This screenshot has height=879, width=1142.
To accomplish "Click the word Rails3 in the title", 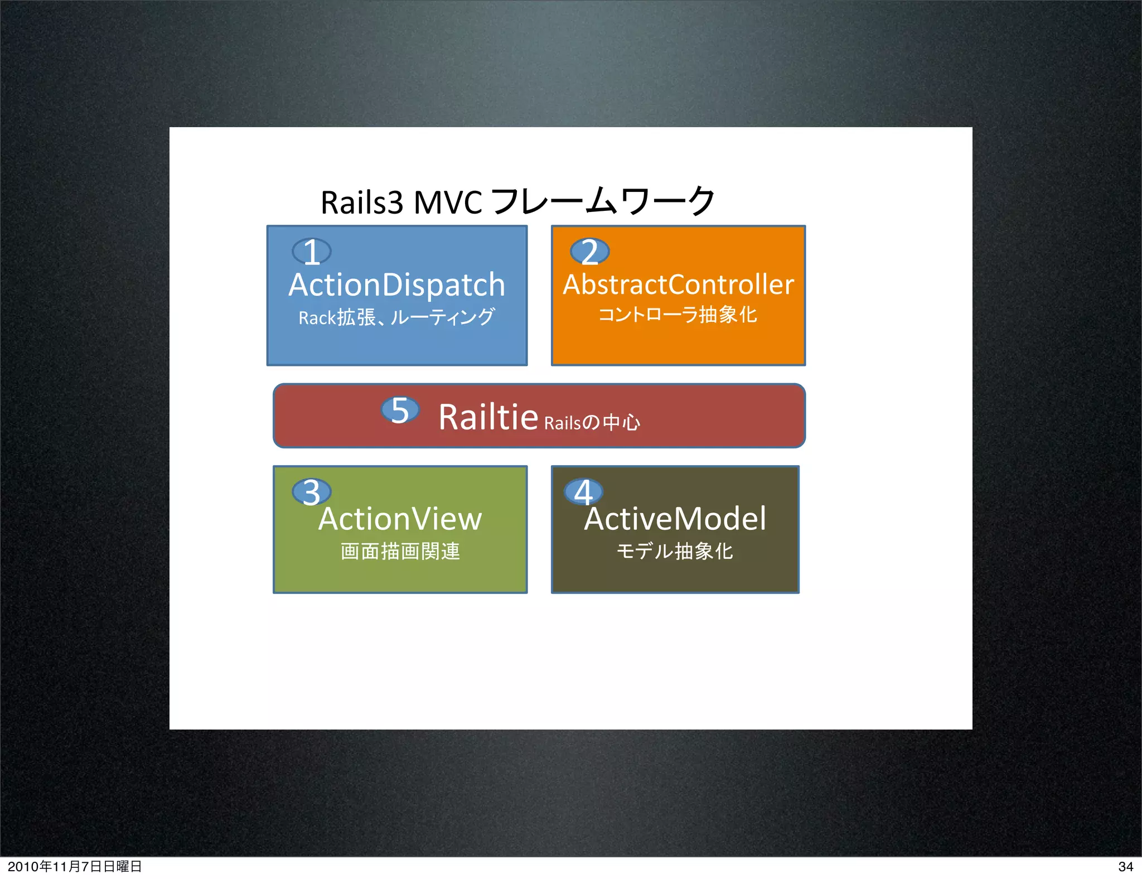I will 361,202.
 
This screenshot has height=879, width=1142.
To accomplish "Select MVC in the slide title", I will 448,202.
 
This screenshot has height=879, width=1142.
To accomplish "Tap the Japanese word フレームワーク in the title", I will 603,201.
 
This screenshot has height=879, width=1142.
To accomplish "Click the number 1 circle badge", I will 312,252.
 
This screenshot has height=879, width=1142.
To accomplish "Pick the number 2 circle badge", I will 589,252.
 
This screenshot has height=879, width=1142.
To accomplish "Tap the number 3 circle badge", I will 312,492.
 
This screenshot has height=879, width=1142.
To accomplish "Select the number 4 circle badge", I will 583,492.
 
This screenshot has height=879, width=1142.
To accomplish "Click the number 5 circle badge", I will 400,410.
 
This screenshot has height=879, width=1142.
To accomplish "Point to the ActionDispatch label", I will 396,285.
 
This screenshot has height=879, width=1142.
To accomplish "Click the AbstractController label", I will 678,285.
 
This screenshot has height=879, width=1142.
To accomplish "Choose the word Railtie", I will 488,417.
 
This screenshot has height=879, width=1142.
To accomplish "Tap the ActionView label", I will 400,519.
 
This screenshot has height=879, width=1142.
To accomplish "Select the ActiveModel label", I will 675,519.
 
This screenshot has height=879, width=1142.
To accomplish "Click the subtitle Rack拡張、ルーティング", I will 396,317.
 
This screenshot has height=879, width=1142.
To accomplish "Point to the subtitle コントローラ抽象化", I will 678,315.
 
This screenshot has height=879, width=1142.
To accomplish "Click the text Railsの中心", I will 592,423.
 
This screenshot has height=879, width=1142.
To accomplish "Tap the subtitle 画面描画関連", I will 400,551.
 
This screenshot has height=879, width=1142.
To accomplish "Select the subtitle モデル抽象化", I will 675,551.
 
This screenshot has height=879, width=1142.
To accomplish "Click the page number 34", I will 1125,866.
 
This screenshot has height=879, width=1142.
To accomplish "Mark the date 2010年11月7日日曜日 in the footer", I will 75,866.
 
